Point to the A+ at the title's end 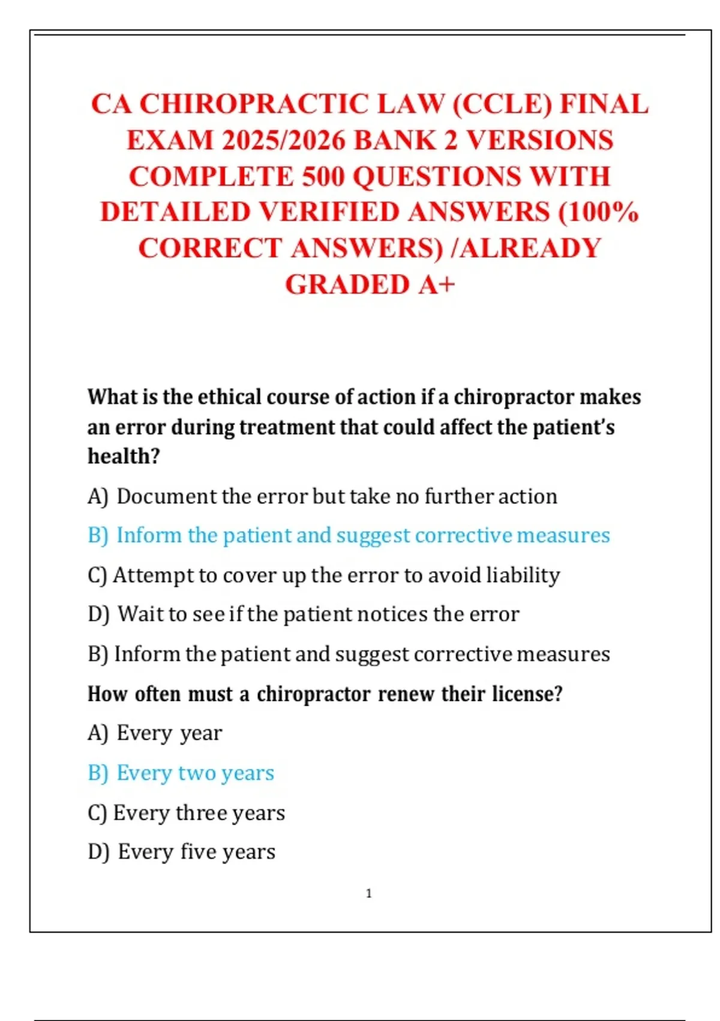click(437, 285)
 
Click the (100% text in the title click(598, 212)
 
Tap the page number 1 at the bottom click(368, 893)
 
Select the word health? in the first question click(124, 456)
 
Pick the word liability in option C click(523, 575)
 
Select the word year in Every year click(201, 733)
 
